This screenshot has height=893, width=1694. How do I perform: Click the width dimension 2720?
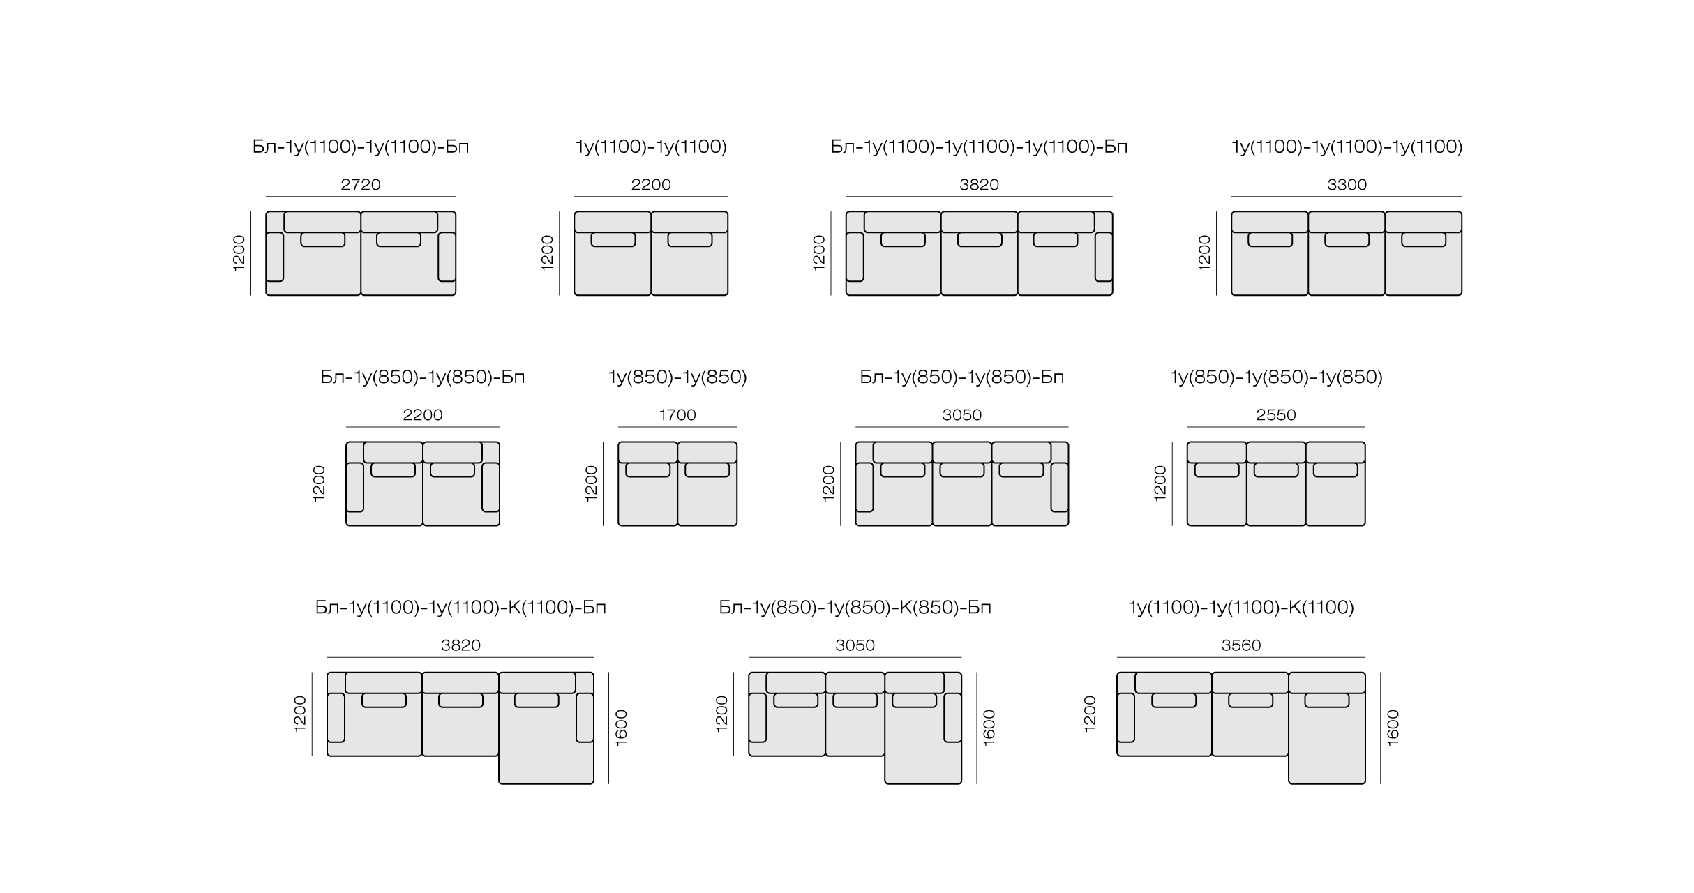coord(361,185)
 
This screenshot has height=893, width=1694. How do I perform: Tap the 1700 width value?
coord(677,415)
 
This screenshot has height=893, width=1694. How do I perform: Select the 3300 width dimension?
coord(1347,185)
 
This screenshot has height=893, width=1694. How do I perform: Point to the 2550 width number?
coord(1276,415)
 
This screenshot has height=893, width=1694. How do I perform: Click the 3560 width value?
coord(1241,645)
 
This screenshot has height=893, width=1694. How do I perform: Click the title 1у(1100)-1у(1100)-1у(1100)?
coord(1347,147)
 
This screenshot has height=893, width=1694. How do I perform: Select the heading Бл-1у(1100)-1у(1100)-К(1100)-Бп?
coord(460,608)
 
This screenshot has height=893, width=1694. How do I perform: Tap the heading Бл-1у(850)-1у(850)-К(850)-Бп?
coord(855,608)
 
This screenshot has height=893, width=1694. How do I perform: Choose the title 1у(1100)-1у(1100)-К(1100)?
coord(1241,608)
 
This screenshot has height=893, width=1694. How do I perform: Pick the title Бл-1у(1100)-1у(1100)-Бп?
coord(361,147)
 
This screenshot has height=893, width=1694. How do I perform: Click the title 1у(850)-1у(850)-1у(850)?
coord(1276,377)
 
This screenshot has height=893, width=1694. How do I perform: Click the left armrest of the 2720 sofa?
coord(275,257)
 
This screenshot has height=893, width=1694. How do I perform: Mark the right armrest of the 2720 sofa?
coord(447,257)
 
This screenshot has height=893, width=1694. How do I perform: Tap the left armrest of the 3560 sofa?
coord(1125,718)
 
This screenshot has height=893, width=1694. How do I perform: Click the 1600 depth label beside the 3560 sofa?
coord(1393,728)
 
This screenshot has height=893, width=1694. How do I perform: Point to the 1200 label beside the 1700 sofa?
coord(591,483)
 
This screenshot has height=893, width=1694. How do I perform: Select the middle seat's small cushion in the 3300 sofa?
coord(1347,239)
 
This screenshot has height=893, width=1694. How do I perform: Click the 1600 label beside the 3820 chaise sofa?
coord(622,728)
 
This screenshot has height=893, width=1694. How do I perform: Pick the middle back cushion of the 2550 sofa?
coord(1276,452)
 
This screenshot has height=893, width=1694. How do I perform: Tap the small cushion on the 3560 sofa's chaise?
coord(1327,700)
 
